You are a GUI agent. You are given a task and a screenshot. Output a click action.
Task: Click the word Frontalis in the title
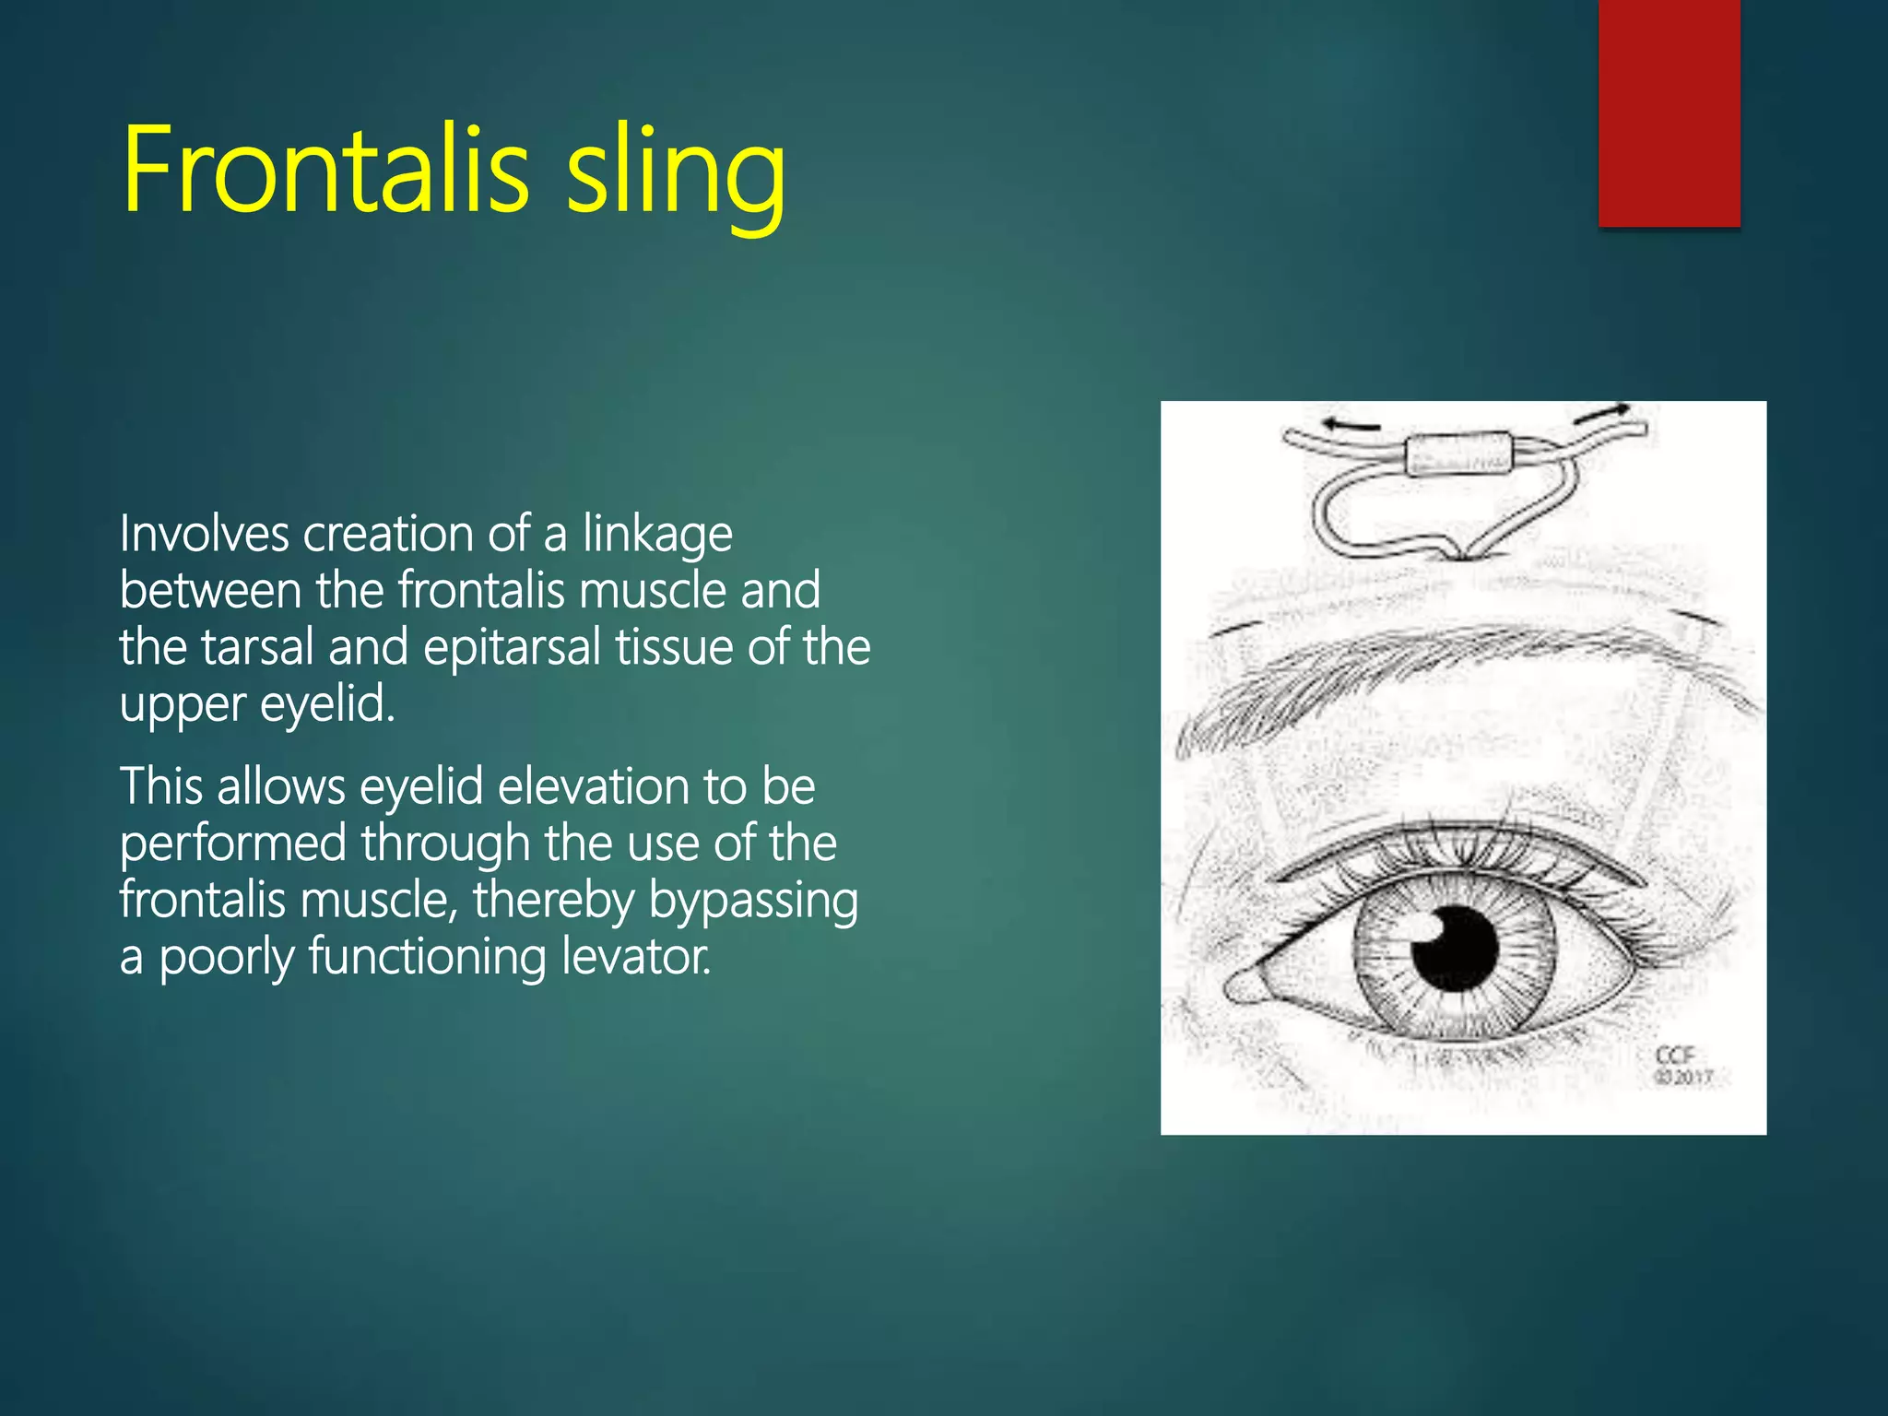tap(325, 171)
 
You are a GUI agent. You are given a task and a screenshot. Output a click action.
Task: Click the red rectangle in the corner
tap(1669, 112)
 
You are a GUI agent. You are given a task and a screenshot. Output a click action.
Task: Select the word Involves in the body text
tap(204, 534)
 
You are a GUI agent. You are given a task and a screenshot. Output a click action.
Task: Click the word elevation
tap(594, 786)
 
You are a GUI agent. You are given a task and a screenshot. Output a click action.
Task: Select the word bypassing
tap(753, 902)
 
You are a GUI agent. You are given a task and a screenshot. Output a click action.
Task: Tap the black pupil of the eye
tap(1455, 950)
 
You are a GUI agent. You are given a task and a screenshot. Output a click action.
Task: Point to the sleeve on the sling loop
tap(1458, 454)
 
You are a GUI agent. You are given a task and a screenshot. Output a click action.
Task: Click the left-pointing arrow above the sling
tap(1351, 425)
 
